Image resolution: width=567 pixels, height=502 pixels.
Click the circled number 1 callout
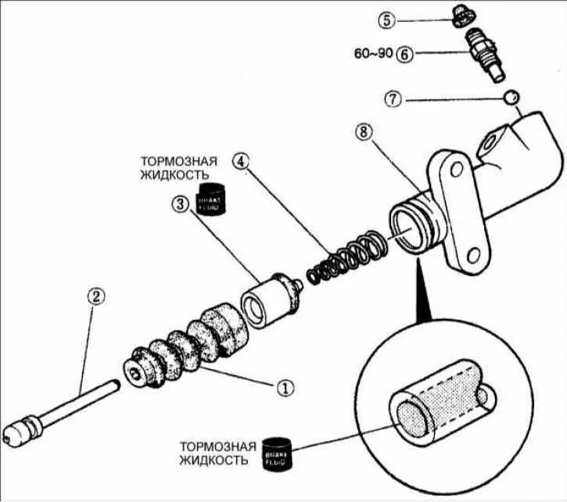pos(286,386)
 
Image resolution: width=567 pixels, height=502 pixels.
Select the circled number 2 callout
pos(95,296)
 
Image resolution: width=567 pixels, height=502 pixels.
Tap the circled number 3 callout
pos(179,204)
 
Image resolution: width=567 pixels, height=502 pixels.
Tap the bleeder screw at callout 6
pos(484,52)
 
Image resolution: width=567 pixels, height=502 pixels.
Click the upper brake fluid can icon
pos(211,199)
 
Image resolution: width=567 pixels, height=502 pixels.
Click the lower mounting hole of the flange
pos(472,254)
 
